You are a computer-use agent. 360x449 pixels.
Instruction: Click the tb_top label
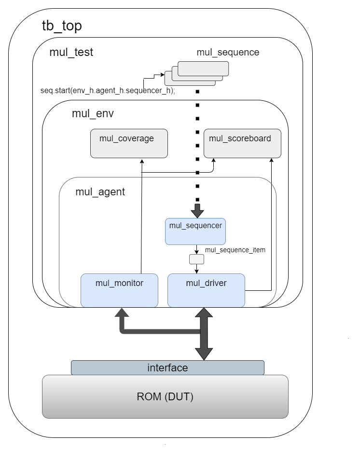(62, 26)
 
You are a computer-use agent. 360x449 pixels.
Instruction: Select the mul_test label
(71, 52)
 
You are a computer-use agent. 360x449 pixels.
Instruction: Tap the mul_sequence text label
(228, 52)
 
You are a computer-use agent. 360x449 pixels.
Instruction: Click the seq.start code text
(108, 90)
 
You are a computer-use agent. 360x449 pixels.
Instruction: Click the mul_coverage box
(129, 143)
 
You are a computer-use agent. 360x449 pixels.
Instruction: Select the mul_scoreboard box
(242, 143)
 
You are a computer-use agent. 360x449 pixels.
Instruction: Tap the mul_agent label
(100, 191)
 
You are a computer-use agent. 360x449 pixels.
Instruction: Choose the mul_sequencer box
(196, 231)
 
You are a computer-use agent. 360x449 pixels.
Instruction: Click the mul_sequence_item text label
(235, 250)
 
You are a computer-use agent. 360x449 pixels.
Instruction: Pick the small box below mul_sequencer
(196, 259)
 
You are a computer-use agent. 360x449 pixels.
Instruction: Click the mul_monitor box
(119, 290)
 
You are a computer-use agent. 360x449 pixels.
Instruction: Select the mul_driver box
(206, 290)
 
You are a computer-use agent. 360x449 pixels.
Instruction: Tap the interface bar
(167, 367)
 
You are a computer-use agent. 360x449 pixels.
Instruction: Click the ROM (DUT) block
(165, 396)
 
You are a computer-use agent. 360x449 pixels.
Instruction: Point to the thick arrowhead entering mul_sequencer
(197, 212)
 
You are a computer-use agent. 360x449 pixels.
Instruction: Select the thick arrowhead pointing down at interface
(204, 353)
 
